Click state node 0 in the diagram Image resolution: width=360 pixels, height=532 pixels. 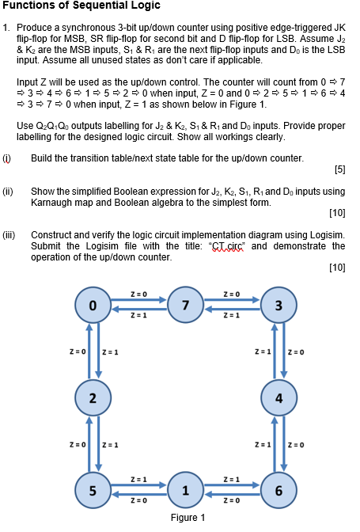pos(93,305)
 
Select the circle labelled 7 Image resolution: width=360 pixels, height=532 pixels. pos(185,305)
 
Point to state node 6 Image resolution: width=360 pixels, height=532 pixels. pos(278,488)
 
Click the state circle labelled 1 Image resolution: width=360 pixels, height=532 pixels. pos(185,488)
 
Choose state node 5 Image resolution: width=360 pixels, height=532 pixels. pos(93,488)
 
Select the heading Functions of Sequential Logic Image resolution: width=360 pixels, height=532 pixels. pos(81,7)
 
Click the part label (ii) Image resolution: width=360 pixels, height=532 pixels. pos(9,191)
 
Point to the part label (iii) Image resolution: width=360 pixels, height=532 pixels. pos(9,235)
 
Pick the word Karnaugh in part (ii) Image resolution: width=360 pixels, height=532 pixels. pos(52,202)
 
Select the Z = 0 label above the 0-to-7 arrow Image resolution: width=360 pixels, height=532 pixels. pos(139,294)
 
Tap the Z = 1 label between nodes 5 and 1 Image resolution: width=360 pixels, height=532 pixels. pos(139,478)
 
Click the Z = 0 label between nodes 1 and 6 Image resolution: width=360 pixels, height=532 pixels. pos(230,500)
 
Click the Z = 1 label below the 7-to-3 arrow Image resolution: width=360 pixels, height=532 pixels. pos(230,316)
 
